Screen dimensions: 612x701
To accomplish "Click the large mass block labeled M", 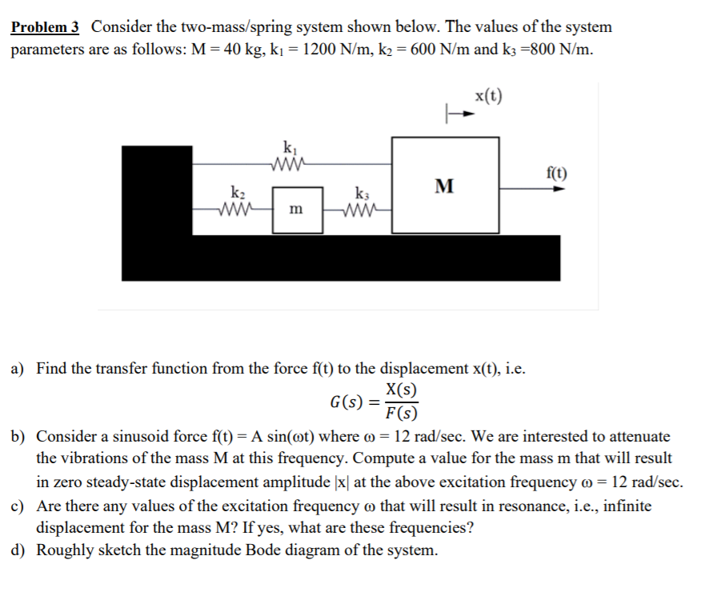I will pyautogui.click(x=445, y=186).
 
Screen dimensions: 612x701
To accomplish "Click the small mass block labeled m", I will pyautogui.click(x=297, y=210).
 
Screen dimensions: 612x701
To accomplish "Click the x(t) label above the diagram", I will pyautogui.click(x=488, y=97).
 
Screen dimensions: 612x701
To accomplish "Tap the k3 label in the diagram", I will pyautogui.click(x=360, y=193).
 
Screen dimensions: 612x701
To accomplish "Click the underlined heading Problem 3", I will pyautogui.click(x=45, y=27).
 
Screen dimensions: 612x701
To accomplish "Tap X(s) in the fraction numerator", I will pyautogui.click(x=400, y=391).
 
